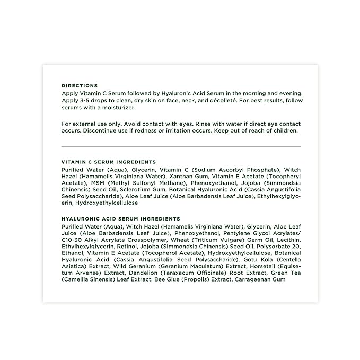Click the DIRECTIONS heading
(80, 85)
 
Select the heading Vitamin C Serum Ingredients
(109, 162)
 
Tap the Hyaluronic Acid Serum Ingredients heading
(121, 219)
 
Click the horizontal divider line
(181, 146)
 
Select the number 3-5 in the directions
(84, 100)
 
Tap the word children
(285, 130)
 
